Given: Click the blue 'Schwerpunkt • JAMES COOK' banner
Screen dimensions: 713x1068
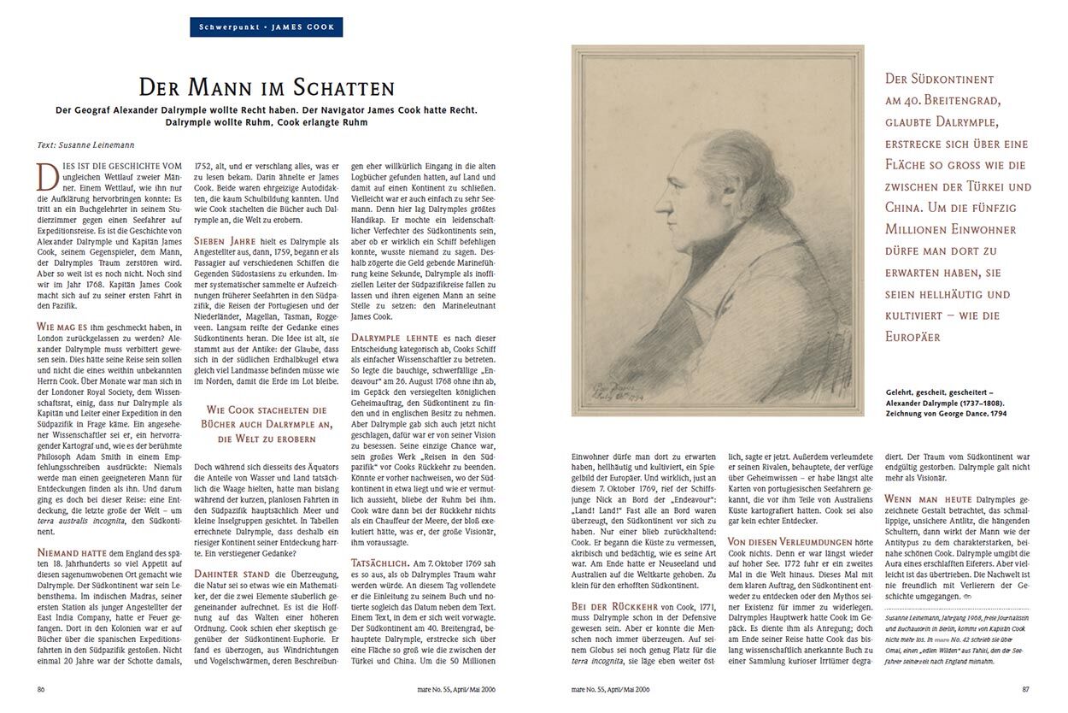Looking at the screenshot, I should (267, 27).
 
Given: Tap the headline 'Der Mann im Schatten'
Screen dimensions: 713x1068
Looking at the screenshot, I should (267, 87).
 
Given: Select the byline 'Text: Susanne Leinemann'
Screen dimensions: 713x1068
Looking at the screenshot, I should (86, 145).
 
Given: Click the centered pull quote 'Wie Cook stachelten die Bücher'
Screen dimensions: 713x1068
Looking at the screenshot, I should (267, 425).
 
